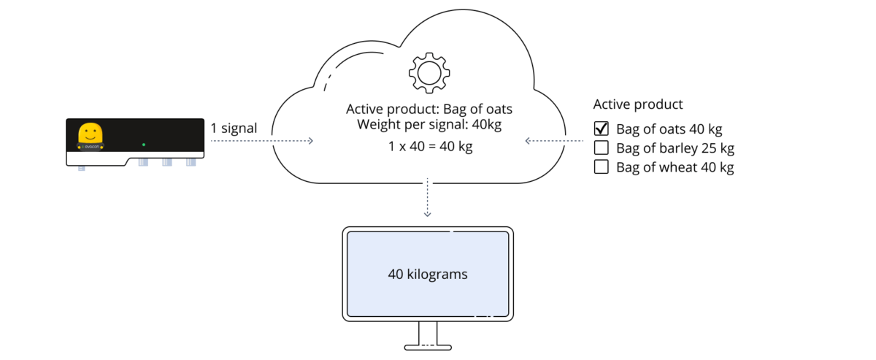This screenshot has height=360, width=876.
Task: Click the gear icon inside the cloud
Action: pos(429,73)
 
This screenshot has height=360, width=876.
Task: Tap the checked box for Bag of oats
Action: pos(601,129)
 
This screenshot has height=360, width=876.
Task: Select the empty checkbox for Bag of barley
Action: pos(601,148)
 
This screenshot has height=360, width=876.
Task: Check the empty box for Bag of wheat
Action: pos(601,166)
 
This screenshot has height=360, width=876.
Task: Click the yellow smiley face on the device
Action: pos(91,133)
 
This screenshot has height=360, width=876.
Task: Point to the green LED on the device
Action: pos(144,145)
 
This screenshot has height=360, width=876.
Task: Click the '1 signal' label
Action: pos(234,128)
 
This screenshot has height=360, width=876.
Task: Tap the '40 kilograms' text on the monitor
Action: pos(428,275)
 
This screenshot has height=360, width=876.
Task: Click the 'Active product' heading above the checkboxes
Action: pos(638,104)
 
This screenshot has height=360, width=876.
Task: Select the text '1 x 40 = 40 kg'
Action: pos(430,146)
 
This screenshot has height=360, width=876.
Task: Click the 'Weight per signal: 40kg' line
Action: pos(429,124)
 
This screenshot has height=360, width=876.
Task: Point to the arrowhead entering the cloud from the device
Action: pos(310,141)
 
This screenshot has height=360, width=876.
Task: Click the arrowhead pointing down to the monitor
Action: pos(428,214)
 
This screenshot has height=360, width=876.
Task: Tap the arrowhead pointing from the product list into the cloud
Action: pos(528,141)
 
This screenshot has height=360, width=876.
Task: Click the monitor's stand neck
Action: pos(428,334)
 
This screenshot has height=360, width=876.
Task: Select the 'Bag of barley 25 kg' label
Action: pos(675,148)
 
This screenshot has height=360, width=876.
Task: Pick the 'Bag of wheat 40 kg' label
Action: pos(675,167)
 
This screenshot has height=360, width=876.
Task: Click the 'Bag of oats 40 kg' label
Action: pos(669,129)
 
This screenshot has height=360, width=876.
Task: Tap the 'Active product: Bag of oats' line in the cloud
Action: pos(429,110)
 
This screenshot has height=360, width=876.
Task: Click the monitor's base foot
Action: pos(428,348)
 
